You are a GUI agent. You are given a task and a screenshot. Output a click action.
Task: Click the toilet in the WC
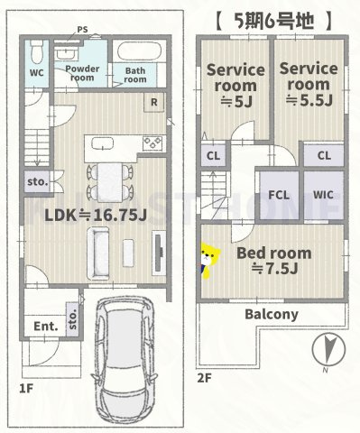37,51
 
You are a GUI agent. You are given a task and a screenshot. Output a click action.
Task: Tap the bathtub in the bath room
139,51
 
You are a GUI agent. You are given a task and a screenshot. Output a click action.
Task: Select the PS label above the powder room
82,30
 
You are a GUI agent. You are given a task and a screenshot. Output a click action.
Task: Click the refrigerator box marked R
154,102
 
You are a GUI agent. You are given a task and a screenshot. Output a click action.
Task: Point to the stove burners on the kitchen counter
152,143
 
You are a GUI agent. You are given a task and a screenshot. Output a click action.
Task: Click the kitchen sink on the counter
103,143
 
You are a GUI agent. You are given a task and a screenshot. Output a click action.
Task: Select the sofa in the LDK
98,253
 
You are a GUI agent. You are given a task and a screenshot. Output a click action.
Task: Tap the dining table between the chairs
110,182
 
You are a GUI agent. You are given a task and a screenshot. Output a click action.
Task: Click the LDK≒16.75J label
96,215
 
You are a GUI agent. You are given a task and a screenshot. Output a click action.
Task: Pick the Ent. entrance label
46,327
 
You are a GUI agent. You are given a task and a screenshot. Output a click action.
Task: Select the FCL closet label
279,195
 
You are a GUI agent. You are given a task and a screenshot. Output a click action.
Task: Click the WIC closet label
323,195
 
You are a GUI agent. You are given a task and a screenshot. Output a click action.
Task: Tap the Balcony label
272,314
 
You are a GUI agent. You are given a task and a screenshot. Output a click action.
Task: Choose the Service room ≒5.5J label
309,85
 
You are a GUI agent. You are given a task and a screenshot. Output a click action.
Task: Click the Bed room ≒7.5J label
274,261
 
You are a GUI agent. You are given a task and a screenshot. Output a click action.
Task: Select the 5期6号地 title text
273,21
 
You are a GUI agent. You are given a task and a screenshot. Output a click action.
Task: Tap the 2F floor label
205,378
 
